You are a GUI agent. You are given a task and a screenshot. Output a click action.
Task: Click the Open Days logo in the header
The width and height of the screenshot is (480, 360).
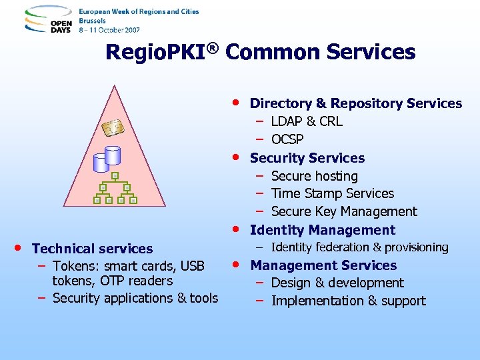(48, 21)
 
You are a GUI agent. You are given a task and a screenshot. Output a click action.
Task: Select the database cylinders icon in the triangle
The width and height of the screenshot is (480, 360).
(107, 157)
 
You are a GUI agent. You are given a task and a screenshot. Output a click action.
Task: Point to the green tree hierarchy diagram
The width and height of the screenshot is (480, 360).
(115, 188)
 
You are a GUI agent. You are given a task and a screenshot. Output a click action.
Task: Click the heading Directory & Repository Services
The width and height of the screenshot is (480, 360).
(355, 103)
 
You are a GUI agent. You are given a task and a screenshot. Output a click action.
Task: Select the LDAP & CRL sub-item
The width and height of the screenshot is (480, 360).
(307, 121)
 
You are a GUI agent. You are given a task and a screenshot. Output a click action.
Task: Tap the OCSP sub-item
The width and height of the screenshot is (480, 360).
(287, 139)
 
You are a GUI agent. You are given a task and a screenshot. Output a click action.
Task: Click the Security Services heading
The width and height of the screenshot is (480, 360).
(307, 158)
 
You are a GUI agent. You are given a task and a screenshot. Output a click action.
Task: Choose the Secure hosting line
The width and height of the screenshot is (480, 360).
(314, 176)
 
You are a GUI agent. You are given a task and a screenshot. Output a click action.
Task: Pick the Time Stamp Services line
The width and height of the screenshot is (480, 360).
(332, 193)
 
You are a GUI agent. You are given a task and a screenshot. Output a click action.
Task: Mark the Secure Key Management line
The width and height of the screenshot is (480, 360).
(343, 211)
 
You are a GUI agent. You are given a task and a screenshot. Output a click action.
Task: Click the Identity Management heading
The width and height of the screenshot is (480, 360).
(322, 230)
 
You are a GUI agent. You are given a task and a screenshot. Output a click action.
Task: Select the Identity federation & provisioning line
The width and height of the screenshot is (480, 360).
(359, 247)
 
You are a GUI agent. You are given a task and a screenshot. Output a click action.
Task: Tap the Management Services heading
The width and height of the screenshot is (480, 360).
(323, 265)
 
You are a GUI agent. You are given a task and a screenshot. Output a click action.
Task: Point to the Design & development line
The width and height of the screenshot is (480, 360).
(337, 283)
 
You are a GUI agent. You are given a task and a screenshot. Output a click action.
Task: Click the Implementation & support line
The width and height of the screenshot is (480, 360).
(348, 301)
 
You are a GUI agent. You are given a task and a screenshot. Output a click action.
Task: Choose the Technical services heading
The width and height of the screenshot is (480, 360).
(92, 249)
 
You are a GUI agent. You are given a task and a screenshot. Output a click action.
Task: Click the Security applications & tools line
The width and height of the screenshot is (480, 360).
(135, 298)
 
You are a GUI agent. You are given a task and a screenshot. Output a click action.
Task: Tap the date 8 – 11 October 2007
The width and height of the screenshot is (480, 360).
(109, 30)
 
